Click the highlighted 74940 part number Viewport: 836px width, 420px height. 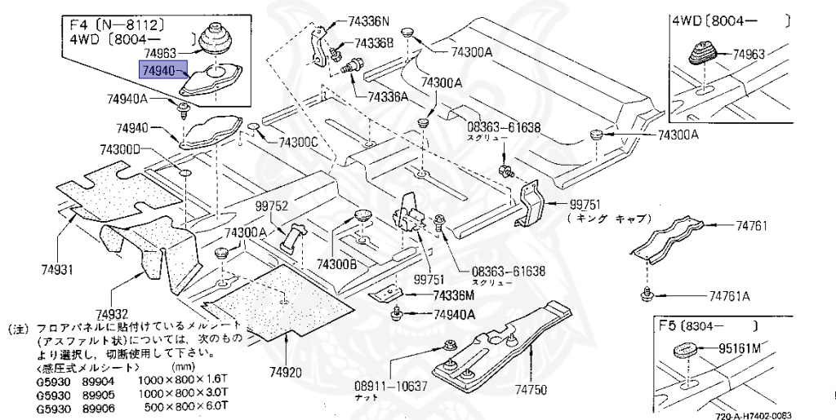[162, 72]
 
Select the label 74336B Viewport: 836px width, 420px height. [374, 42]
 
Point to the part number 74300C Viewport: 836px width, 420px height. [298, 142]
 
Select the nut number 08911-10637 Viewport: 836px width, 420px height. [391, 385]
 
